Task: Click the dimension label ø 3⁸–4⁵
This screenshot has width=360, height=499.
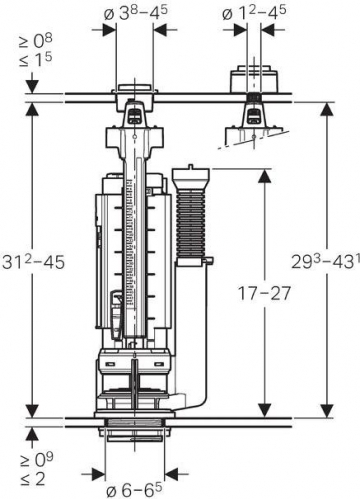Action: click(135, 13)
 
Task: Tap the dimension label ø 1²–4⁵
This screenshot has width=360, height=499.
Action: click(254, 13)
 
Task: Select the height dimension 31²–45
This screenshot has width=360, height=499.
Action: click(33, 261)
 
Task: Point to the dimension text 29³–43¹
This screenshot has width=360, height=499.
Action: click(326, 260)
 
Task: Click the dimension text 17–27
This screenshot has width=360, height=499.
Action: click(264, 293)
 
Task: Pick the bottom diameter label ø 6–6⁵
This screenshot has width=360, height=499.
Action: click(134, 489)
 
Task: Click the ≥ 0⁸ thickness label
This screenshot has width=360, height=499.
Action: click(35, 41)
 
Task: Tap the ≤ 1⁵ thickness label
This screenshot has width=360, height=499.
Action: click(35, 60)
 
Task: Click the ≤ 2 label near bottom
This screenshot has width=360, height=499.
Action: click(32, 479)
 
